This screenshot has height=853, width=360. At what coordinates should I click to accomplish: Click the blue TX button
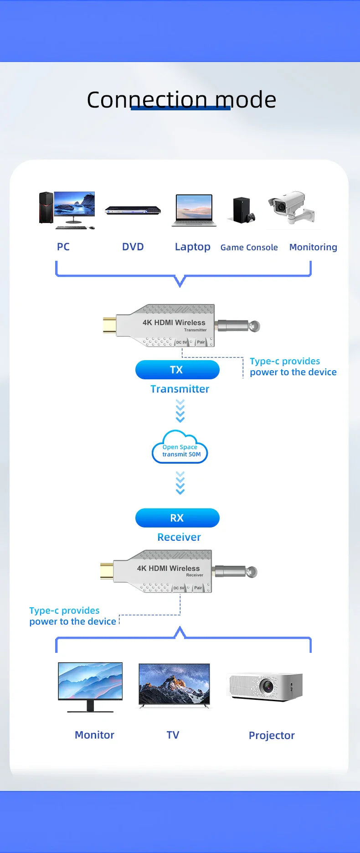(x=177, y=370)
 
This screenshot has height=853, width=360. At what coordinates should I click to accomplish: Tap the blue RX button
(x=177, y=518)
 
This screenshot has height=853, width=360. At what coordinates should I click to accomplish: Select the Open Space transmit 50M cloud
(x=180, y=448)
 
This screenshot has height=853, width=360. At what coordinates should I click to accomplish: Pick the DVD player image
(x=133, y=210)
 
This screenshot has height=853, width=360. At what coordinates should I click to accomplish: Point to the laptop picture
(x=194, y=210)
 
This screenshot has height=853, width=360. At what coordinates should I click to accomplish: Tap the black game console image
(x=243, y=210)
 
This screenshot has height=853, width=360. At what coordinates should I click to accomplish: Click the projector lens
(x=267, y=685)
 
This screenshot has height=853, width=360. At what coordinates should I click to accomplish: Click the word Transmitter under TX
(x=180, y=389)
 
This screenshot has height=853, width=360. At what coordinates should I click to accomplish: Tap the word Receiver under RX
(x=179, y=537)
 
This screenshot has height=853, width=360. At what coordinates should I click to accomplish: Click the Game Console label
(x=249, y=248)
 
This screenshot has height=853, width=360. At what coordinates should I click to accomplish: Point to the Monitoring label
(x=313, y=248)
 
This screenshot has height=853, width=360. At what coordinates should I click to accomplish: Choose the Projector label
(x=272, y=736)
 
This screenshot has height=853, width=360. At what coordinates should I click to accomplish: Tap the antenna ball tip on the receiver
(x=252, y=571)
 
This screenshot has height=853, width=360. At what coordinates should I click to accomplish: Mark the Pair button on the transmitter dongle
(x=201, y=342)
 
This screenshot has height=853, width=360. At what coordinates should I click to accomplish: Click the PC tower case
(x=46, y=207)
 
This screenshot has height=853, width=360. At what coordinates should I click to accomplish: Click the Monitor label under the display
(x=94, y=735)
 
